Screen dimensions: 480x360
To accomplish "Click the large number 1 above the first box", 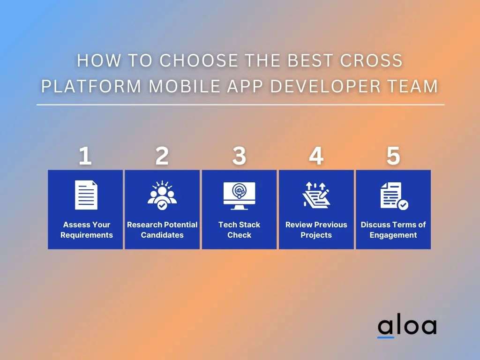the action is (85, 156).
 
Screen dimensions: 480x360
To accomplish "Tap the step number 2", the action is (162, 156).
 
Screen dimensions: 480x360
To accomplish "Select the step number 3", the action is (239, 156).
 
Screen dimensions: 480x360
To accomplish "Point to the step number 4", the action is (316, 156).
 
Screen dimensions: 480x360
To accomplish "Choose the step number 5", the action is (393, 156).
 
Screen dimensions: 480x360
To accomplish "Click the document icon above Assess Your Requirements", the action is (86, 195).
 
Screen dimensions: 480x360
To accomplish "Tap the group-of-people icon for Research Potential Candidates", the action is (162, 195).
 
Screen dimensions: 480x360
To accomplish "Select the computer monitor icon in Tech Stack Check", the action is (240, 196).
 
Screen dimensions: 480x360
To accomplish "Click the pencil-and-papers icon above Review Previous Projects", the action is (316, 195).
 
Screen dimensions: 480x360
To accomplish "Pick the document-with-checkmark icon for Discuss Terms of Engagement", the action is (394, 196).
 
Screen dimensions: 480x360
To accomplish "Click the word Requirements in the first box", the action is (87, 235).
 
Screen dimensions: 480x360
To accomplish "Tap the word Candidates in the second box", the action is (162, 235).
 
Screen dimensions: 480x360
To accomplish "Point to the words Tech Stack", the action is (240, 225).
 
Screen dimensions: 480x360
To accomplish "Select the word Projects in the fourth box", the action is (316, 235).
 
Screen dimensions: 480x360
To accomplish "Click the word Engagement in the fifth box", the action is (393, 235).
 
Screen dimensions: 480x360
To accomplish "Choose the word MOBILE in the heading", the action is (185, 86).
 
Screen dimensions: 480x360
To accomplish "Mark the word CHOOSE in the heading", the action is (199, 60).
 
